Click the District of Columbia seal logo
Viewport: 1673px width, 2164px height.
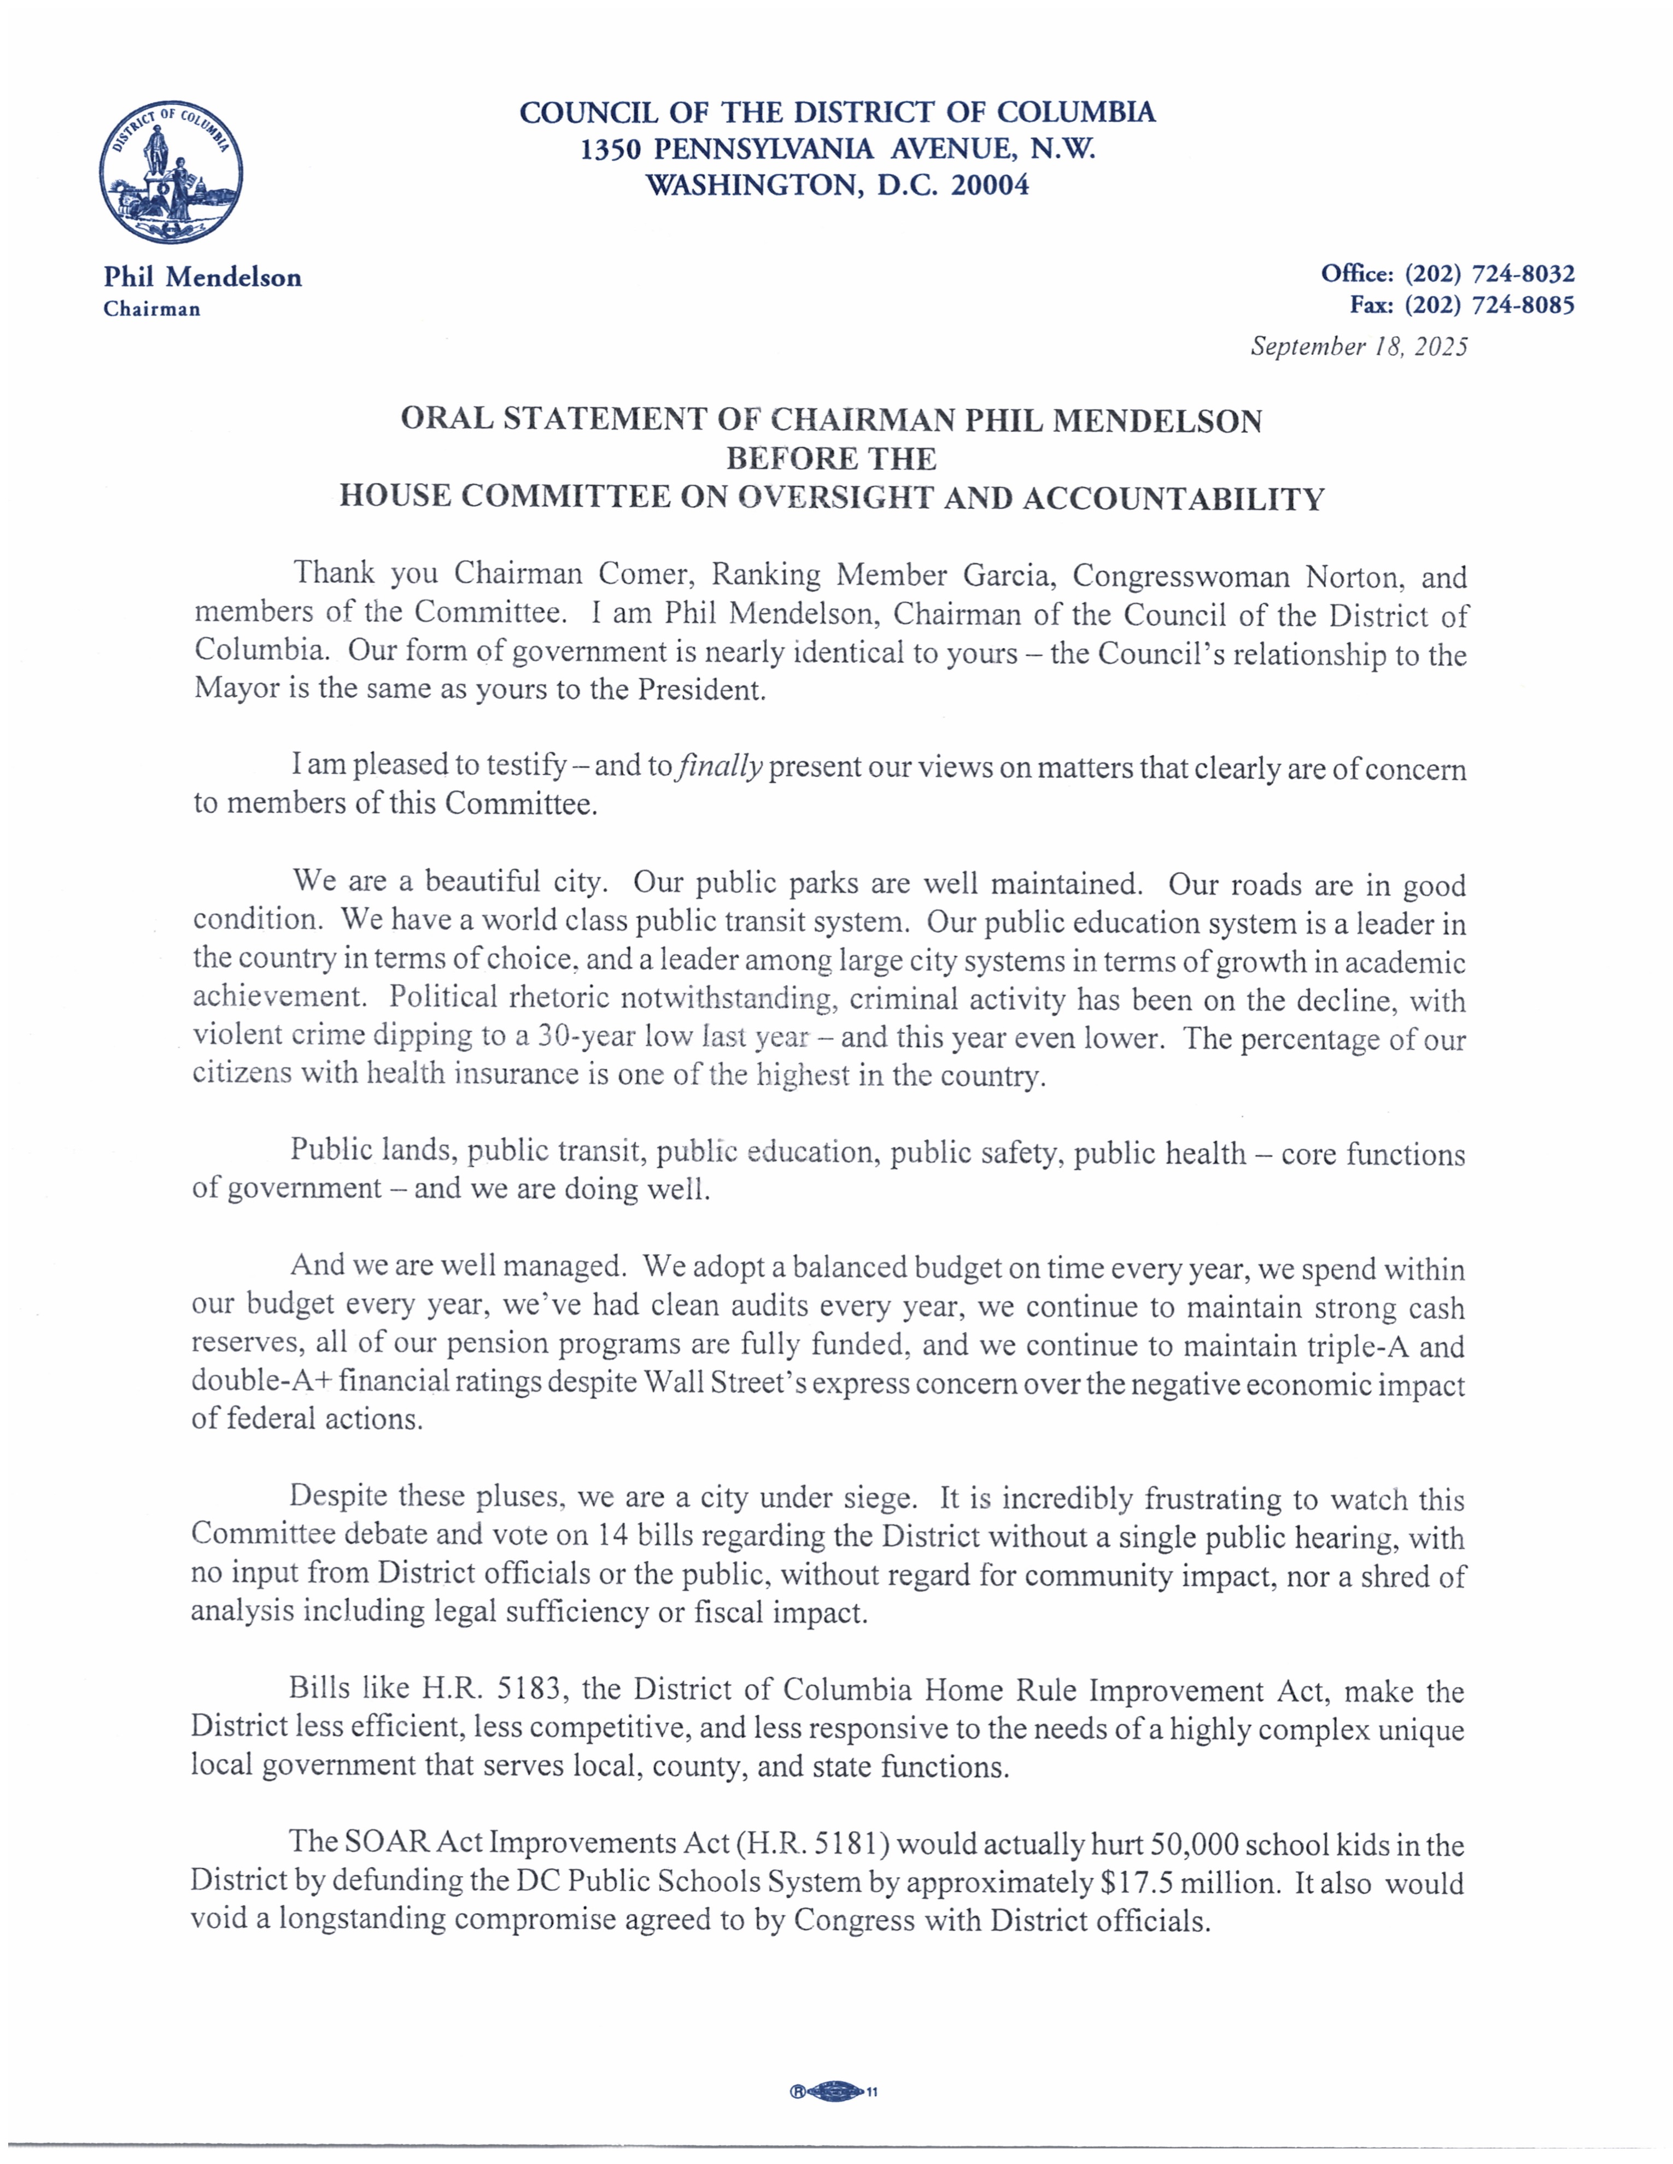pyautogui.click(x=171, y=172)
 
